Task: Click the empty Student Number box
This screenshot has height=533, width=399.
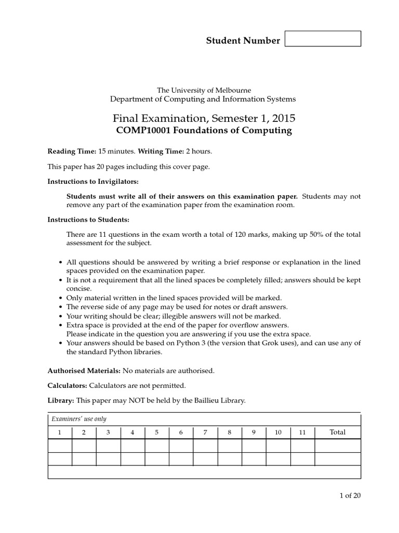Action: tap(323, 39)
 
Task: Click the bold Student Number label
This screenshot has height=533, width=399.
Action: tap(243, 41)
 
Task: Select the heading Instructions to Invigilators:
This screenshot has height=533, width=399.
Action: tap(94, 182)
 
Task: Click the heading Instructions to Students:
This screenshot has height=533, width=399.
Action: tap(88, 220)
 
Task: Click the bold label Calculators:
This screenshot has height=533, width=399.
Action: tap(68, 386)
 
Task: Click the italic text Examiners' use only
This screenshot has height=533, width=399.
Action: tap(79, 419)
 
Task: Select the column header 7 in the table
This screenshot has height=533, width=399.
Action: tap(205, 433)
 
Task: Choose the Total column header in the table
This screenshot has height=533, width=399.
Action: tap(338, 433)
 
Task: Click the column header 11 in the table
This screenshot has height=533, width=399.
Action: tap(302, 433)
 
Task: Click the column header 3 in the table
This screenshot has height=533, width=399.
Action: tap(108, 433)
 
